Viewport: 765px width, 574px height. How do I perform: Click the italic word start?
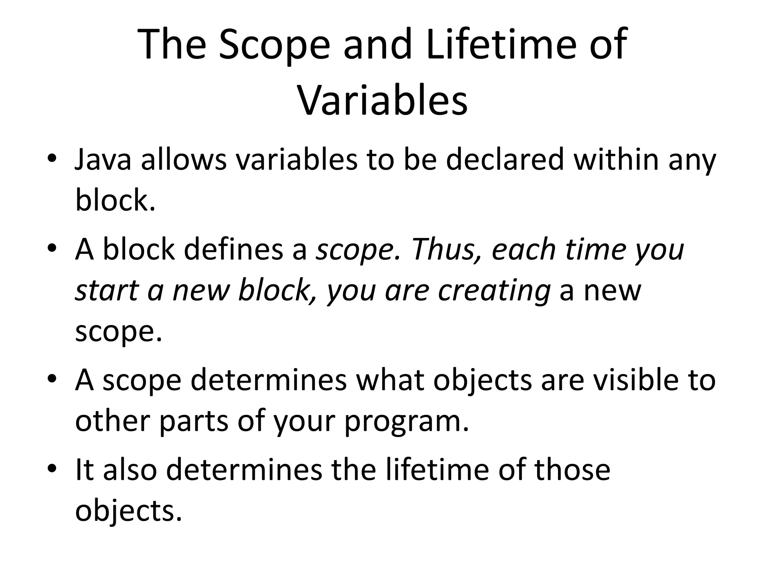tap(107, 291)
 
